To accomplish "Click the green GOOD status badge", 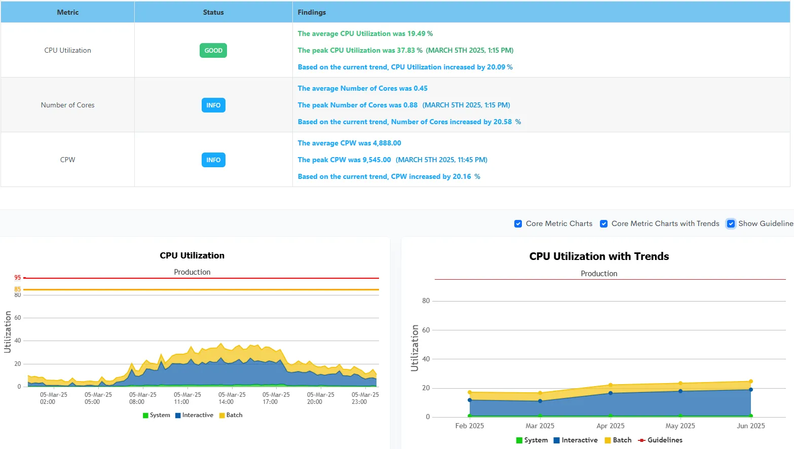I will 213,51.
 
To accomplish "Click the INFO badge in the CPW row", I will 213,160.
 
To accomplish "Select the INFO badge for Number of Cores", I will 213,105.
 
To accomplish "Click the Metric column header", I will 67,12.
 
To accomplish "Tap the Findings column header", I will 312,12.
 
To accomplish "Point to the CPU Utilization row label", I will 67,51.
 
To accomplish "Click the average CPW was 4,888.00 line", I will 349,143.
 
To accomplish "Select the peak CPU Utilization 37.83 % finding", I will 405,51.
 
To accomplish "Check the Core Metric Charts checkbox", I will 518,224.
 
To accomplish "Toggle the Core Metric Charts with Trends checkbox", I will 603,224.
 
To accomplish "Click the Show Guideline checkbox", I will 731,224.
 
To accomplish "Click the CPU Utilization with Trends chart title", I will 599,256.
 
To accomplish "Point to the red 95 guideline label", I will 18,278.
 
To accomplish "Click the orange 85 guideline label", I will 18,289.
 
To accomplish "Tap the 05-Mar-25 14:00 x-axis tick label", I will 232,398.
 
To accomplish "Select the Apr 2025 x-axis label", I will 610,426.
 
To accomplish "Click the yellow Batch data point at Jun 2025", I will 750,382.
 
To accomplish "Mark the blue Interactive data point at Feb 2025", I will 470,400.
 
